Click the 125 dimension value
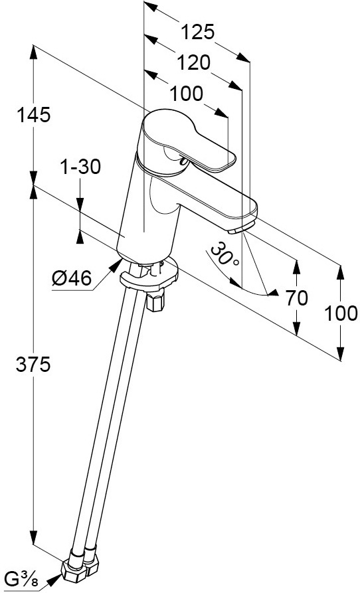(x=198, y=32)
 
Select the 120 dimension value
(x=193, y=63)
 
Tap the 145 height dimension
(x=33, y=115)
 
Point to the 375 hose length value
(x=33, y=365)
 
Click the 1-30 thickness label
(x=80, y=167)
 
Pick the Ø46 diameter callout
(x=72, y=279)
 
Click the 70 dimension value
(x=296, y=298)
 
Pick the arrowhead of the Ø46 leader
(x=114, y=266)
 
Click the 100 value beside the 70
(x=341, y=313)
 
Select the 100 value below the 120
(x=186, y=94)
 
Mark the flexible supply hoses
(x=108, y=408)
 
